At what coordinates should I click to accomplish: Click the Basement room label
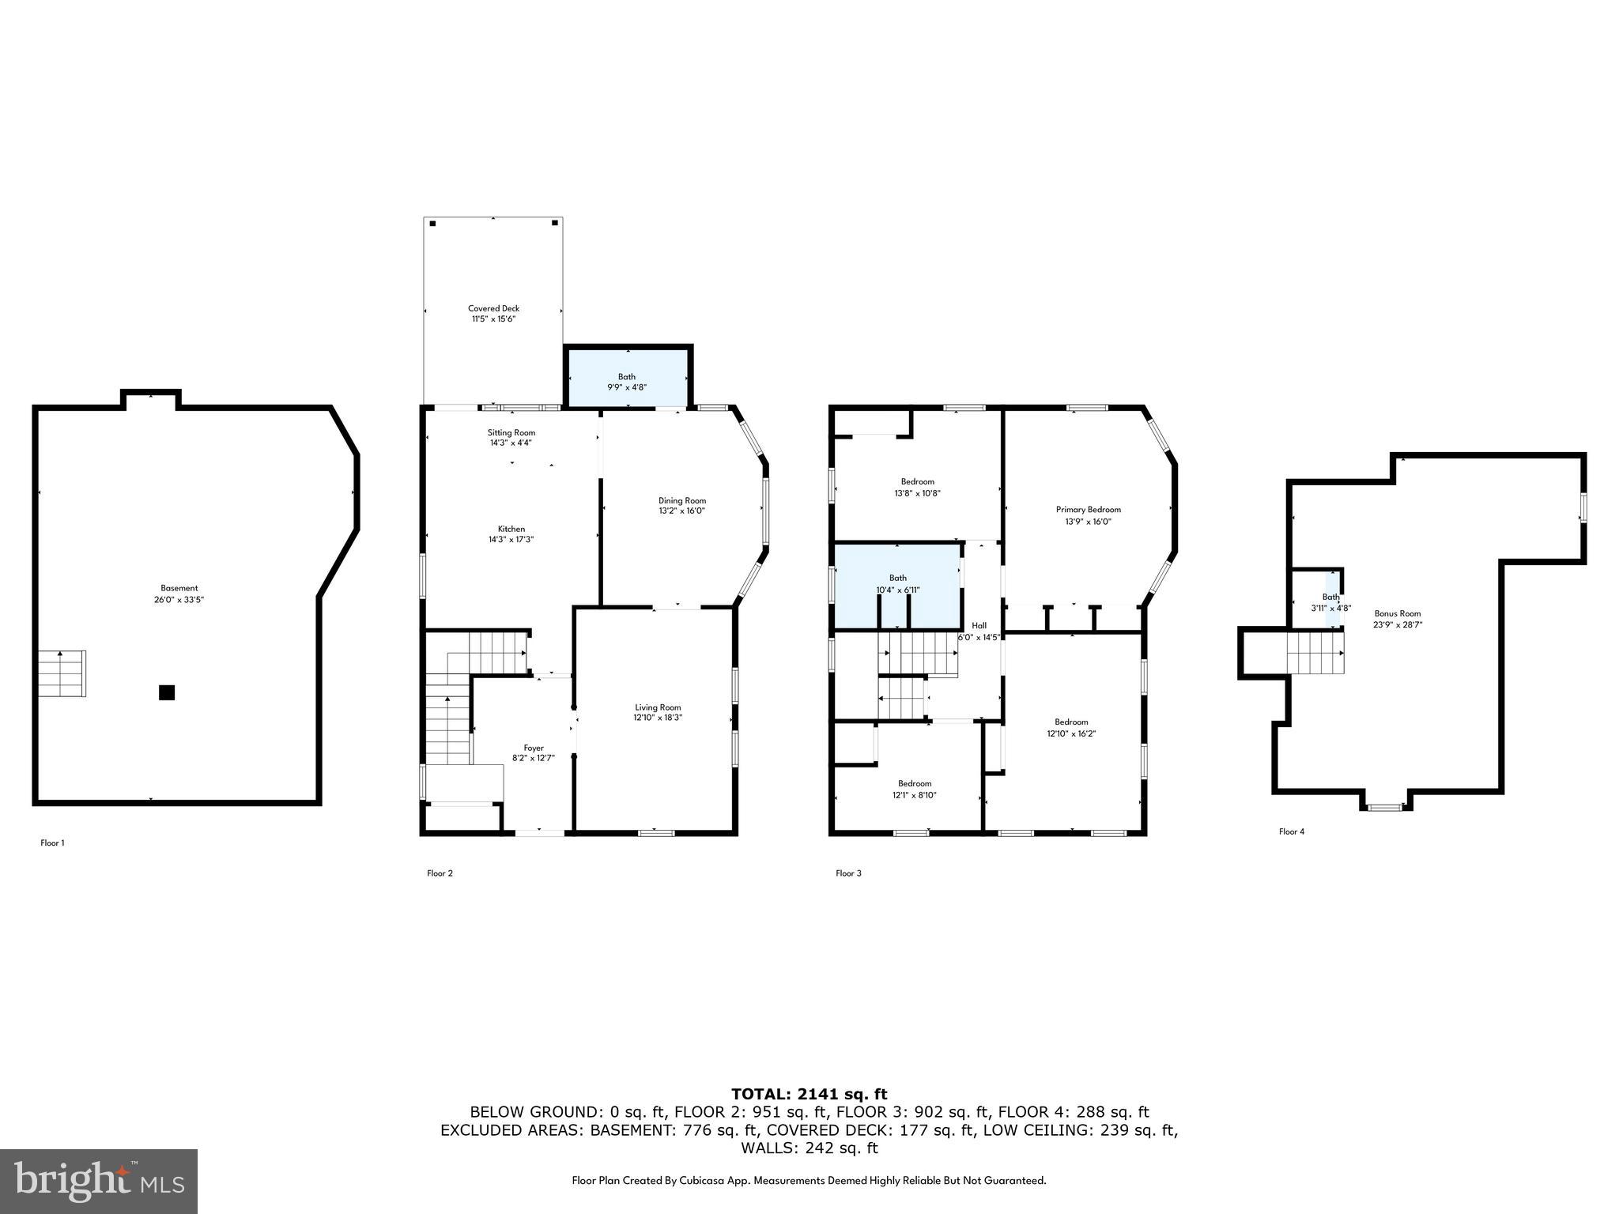coord(179,588)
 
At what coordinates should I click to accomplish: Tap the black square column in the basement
coord(166,692)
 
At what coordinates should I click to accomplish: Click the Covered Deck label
coord(493,309)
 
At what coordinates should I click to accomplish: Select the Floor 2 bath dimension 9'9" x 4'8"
coord(627,387)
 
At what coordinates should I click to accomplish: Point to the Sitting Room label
coord(511,432)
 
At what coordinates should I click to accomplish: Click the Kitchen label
coord(511,529)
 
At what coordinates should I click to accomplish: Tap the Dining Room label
coord(681,500)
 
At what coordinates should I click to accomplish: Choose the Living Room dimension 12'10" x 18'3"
coord(658,718)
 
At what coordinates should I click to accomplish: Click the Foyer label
coord(534,748)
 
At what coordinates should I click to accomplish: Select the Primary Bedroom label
coord(1088,510)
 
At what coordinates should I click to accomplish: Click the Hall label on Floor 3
coord(979,625)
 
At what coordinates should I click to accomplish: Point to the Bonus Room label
coord(1398,613)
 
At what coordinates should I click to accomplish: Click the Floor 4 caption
coord(1292,831)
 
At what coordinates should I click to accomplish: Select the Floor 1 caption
coord(52,843)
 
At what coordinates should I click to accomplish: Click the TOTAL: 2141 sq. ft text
coord(809,1094)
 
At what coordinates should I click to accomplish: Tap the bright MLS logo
coord(99,1181)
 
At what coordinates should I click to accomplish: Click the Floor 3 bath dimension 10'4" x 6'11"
coord(897,590)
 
